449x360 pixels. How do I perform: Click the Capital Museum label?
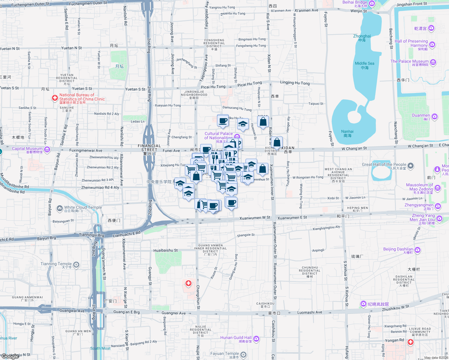[x=27, y=149]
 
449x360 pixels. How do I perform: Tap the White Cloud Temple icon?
[x=60, y=208]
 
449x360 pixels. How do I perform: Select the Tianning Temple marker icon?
[x=76, y=265]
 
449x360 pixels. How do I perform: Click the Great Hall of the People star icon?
[x=411, y=166]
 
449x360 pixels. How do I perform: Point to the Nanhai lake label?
[x=347, y=132]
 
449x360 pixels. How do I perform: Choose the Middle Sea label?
[x=364, y=64]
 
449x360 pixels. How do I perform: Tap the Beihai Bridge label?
[x=355, y=2]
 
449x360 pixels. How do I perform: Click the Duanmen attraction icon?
[x=435, y=116]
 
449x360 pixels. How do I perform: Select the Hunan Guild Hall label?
[x=236, y=338]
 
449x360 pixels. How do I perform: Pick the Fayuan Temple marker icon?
[x=243, y=355]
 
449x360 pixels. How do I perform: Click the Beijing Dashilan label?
[x=398, y=249]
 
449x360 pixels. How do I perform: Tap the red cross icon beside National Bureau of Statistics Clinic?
[x=55, y=98]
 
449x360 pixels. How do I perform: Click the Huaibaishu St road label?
[x=165, y=250]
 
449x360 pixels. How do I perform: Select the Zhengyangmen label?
[x=419, y=205]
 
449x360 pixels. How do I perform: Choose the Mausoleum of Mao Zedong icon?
[x=438, y=188]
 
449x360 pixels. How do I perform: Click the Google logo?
[x=10, y=356]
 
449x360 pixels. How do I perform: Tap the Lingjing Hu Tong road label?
[x=295, y=83]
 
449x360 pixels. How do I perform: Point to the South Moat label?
[x=100, y=348]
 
